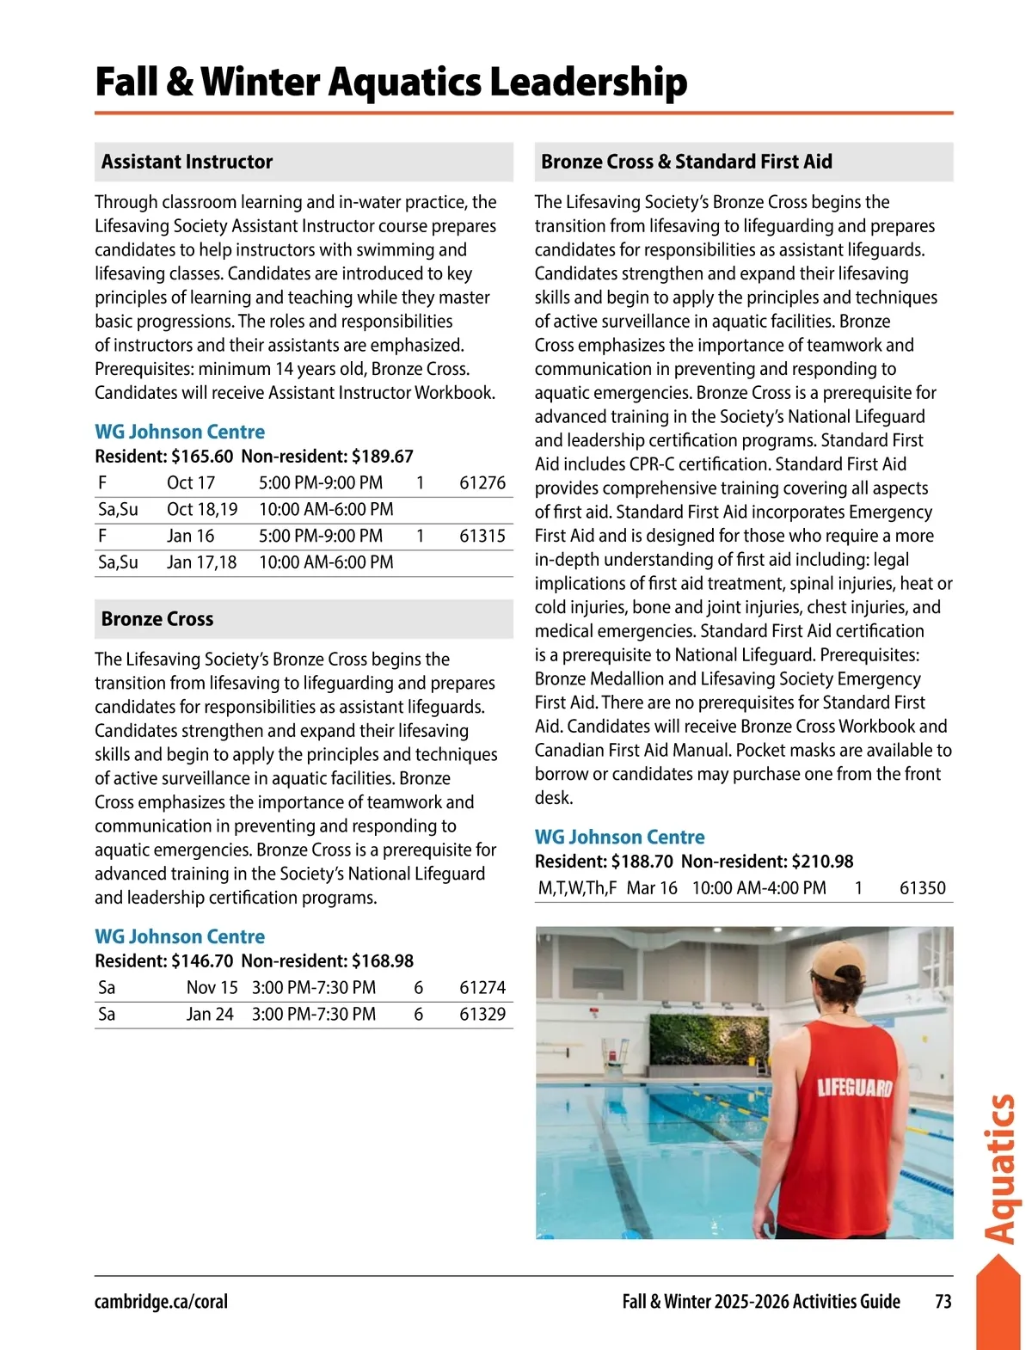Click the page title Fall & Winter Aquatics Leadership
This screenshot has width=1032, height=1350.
pyautogui.click(x=391, y=83)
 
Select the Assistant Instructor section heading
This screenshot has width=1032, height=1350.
pyautogui.click(x=187, y=162)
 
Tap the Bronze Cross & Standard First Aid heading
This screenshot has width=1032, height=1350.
pyautogui.click(x=686, y=162)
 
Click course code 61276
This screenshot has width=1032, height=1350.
pyautogui.click(x=482, y=483)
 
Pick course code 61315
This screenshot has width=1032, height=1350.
pyautogui.click(x=482, y=537)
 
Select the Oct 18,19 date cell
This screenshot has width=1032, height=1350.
pyautogui.click(x=202, y=510)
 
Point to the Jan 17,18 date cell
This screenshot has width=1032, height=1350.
pyautogui.click(x=201, y=563)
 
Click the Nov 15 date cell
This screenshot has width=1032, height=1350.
pyautogui.click(x=212, y=988)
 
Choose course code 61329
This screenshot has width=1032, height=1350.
pyautogui.click(x=482, y=1015)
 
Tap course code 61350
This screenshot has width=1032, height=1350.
pyautogui.click(x=922, y=888)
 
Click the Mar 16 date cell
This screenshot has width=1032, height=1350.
pyautogui.click(x=652, y=888)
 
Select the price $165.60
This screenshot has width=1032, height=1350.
pyautogui.click(x=202, y=457)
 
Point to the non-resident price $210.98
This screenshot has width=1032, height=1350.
pyautogui.click(x=822, y=862)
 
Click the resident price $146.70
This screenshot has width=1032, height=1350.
pyautogui.click(x=202, y=961)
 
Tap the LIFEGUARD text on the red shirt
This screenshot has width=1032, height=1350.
pyautogui.click(x=854, y=1088)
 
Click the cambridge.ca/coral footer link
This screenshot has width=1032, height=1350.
pyautogui.click(x=161, y=1302)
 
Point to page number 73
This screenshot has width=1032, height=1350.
pyautogui.click(x=943, y=1302)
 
